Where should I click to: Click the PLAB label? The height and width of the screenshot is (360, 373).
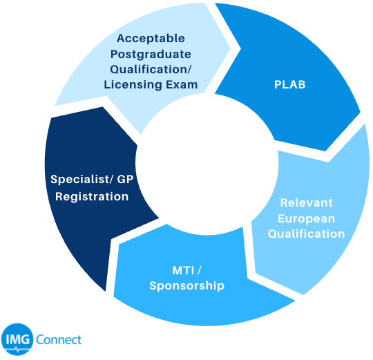pos(289,84)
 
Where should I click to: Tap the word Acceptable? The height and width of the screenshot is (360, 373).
pos(151,39)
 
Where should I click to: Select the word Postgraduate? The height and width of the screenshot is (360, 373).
pos(151,55)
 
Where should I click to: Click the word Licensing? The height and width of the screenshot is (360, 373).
pos(133,85)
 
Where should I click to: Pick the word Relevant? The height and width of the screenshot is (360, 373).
pos(307,203)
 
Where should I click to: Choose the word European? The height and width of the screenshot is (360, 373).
pos(307,219)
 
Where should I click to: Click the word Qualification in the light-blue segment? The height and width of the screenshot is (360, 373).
pos(307,234)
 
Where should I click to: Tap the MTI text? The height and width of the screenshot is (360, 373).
pos(183,271)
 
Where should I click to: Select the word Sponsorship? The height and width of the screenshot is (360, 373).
pos(186,286)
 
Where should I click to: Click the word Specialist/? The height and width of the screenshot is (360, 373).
pos(82,180)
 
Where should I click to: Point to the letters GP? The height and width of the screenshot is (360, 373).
pos(125,179)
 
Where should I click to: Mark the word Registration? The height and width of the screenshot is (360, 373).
pos(92,197)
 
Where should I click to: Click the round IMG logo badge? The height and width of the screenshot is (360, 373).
pos(17,339)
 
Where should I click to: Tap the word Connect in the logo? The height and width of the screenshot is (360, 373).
pos(59,339)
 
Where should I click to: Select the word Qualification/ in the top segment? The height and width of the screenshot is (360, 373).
pos(151,70)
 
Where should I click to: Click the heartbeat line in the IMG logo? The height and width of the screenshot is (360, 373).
pos(17,350)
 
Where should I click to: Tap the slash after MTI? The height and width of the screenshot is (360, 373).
pos(199,271)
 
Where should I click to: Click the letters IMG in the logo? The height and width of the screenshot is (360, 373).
pos(18,339)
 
